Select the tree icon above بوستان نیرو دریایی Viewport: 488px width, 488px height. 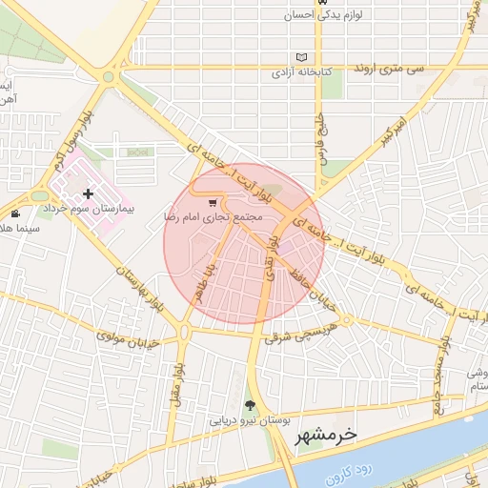[x=251, y=405]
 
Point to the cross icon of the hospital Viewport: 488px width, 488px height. [x=88, y=193]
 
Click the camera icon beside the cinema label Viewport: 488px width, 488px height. [x=16, y=213]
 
